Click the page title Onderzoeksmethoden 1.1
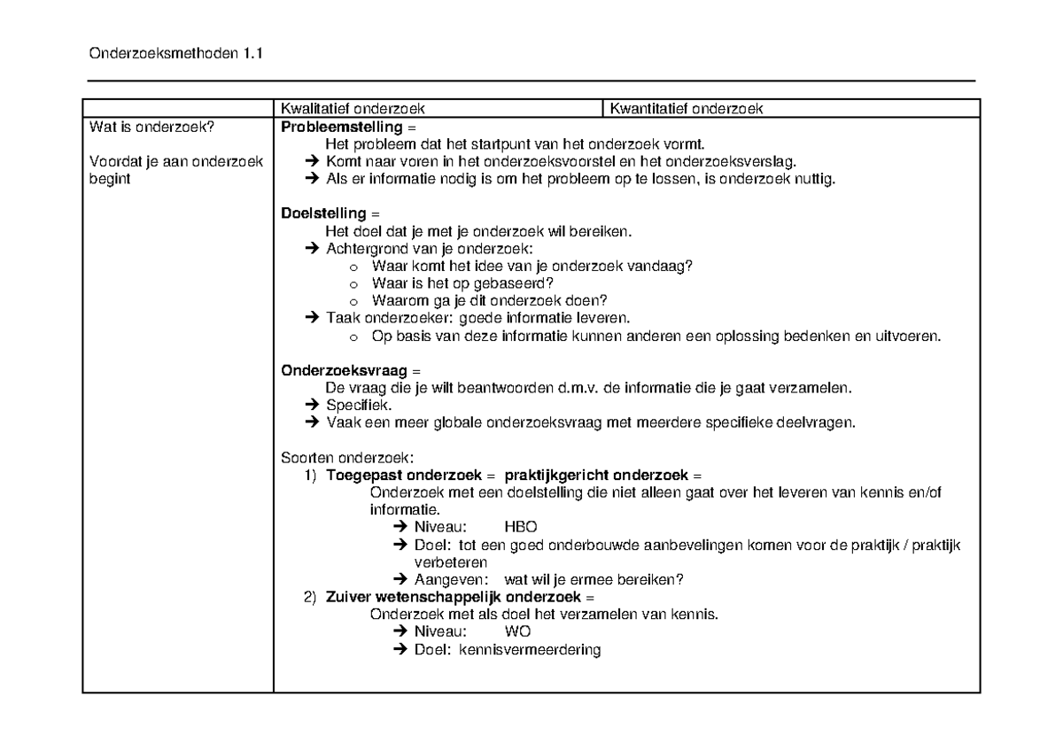176,54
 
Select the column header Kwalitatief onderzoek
353,109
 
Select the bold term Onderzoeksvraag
330,370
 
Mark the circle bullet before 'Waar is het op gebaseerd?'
353,283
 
